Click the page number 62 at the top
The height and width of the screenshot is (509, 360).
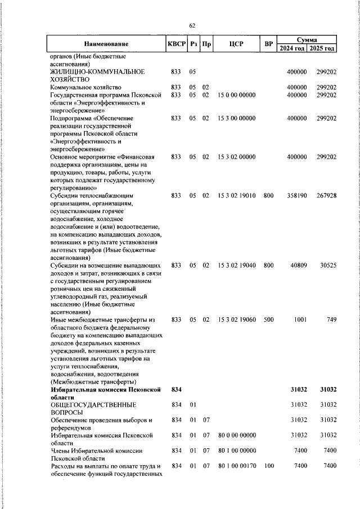[192, 25]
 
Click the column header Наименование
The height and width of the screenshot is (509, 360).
[106, 44]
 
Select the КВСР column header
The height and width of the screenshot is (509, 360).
[176, 44]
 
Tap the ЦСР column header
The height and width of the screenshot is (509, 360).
[236, 44]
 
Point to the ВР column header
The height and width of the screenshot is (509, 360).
[268, 44]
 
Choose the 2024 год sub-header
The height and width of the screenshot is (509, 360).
[292, 48]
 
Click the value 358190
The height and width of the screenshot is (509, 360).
[294, 196]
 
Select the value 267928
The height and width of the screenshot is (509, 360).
[326, 196]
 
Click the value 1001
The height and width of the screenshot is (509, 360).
[299, 319]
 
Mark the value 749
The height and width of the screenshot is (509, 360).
[331, 319]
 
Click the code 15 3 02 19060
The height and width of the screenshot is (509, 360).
[236, 319]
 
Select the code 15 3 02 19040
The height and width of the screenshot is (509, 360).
[236, 264]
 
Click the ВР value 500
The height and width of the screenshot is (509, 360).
[268, 319]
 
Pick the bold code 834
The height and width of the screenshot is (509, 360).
[176, 389]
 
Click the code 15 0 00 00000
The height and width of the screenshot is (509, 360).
[236, 95]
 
